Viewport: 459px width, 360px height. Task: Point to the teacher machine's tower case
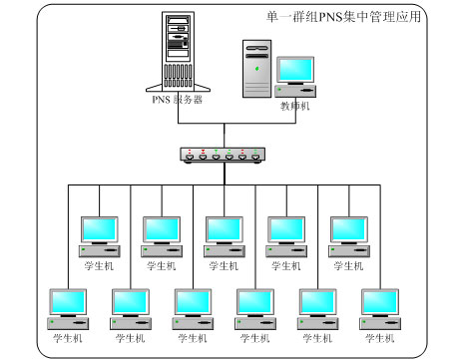(256, 68)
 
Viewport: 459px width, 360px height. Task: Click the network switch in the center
(225, 155)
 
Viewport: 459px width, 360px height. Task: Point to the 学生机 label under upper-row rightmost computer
(349, 266)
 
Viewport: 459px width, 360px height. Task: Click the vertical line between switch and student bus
(225, 174)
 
